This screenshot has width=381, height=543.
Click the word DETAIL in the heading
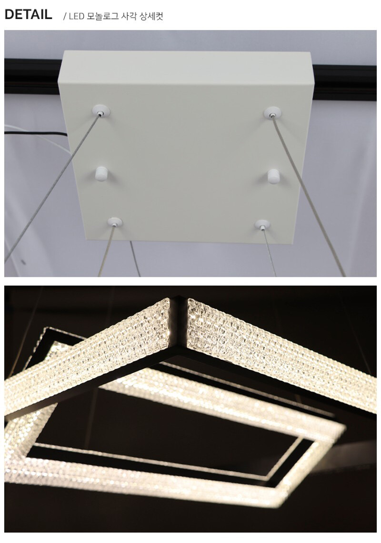(29, 15)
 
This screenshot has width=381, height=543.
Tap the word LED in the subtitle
(76, 16)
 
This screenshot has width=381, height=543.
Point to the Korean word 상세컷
(151, 16)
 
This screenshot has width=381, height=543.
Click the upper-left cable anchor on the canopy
(101, 111)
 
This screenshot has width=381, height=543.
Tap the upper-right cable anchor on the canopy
(272, 112)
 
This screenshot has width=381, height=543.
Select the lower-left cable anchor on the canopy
(115, 222)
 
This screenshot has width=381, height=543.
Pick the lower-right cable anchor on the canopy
(262, 225)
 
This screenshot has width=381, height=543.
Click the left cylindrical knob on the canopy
(101, 174)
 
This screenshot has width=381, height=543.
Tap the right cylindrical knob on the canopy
(273, 176)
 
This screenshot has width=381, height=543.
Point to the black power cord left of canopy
(36, 133)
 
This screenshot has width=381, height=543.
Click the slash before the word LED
(64, 16)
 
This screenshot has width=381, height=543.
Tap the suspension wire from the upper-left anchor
(52, 188)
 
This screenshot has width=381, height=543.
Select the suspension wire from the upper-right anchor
(309, 196)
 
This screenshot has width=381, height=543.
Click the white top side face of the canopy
(186, 67)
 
